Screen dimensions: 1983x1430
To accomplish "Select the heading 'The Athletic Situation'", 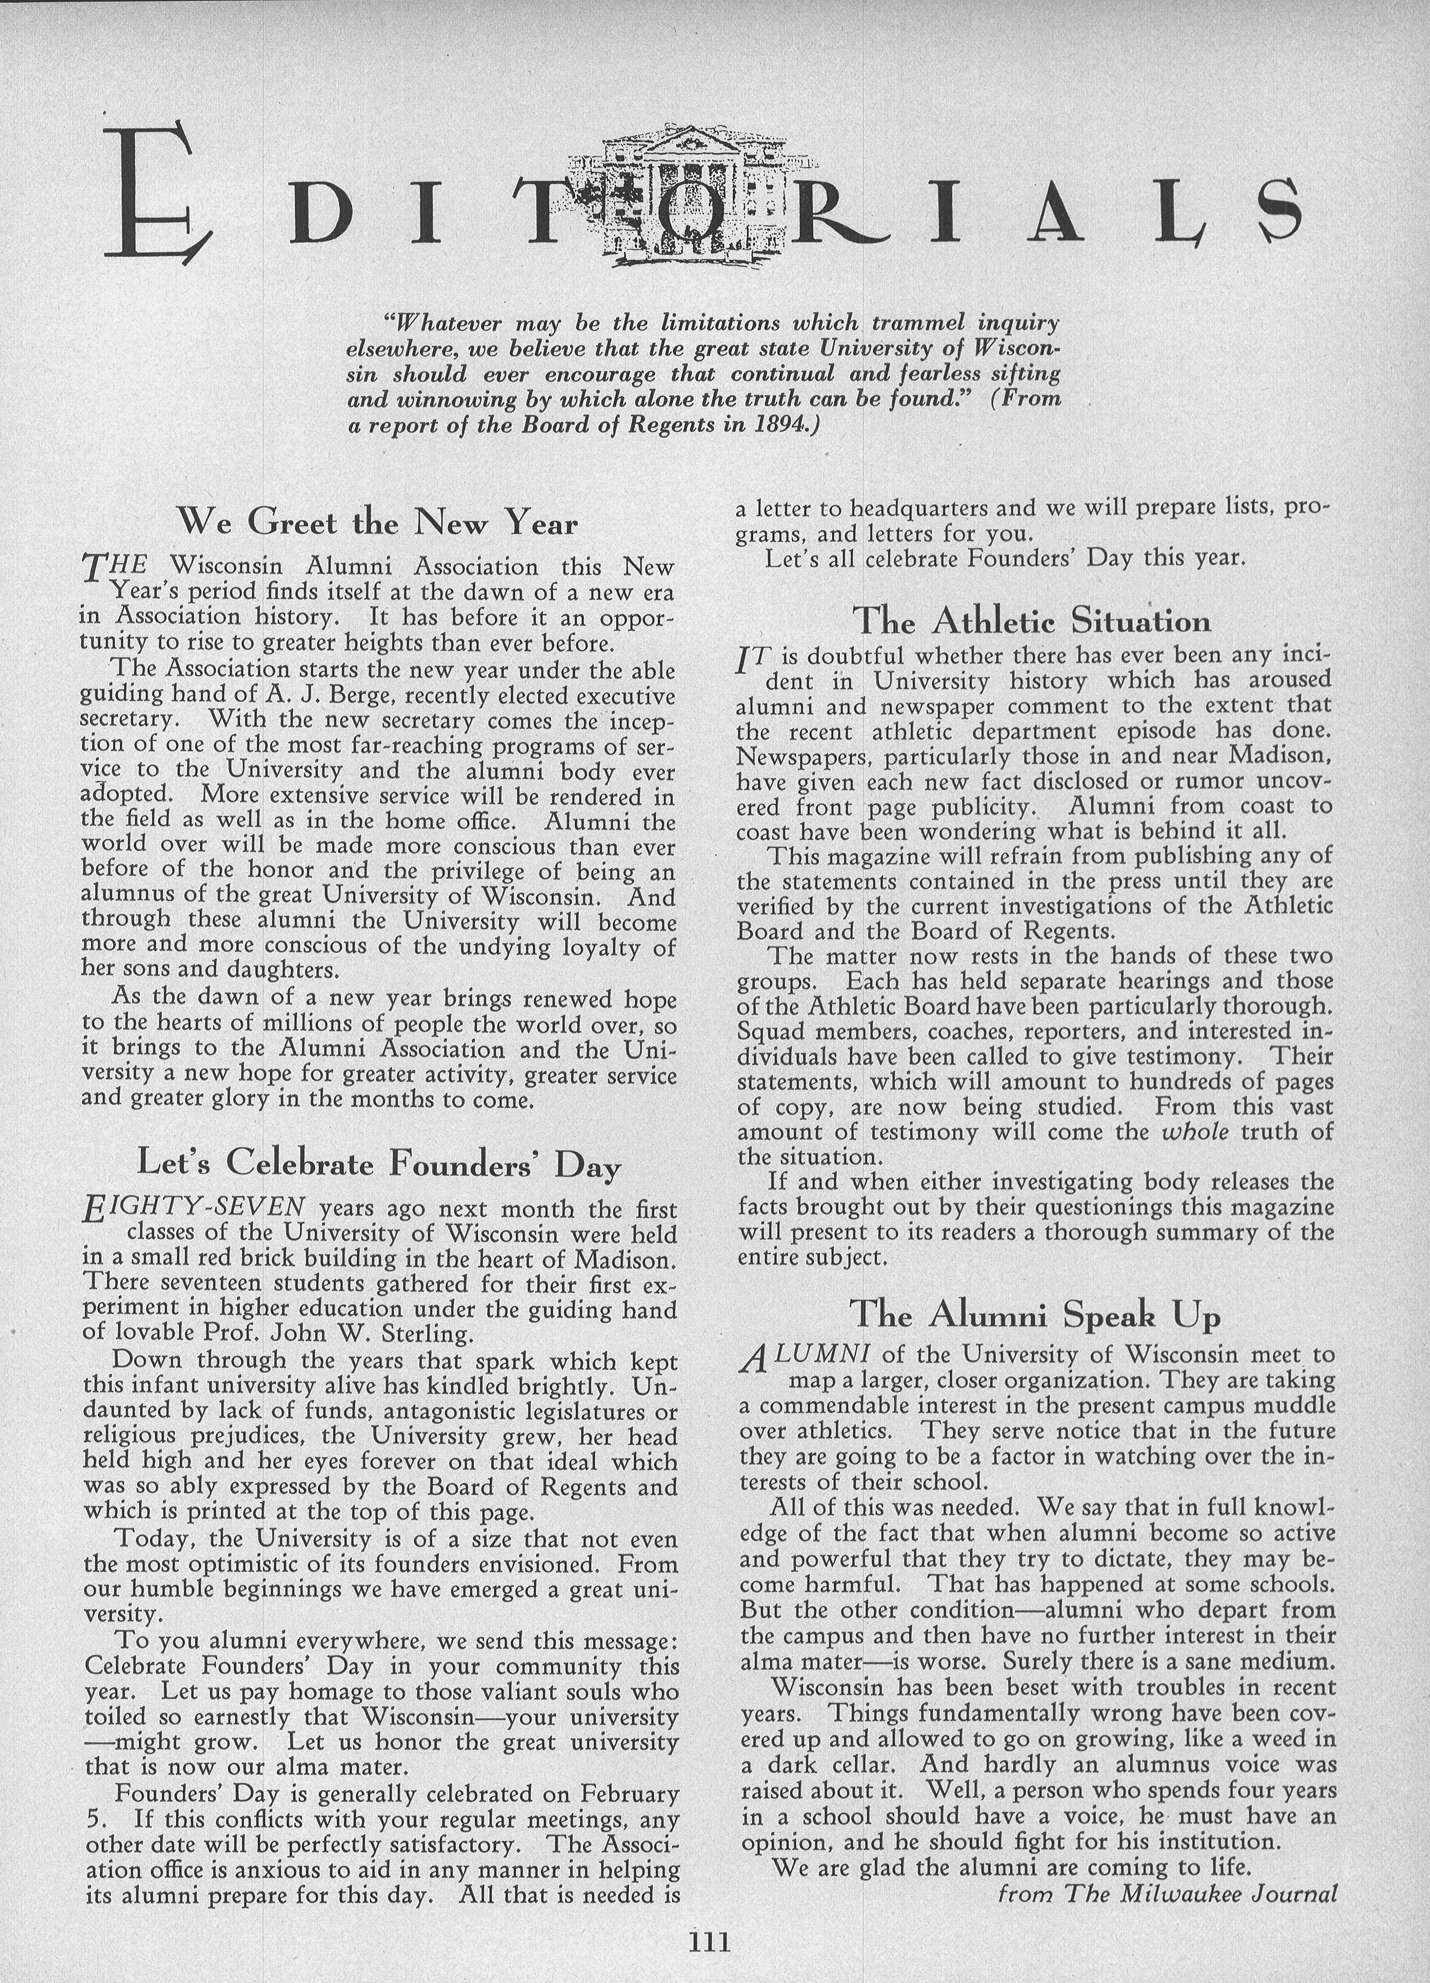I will [1031, 621].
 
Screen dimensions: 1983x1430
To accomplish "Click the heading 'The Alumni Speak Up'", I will [1035, 1314].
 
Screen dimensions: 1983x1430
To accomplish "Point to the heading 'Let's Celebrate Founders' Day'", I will [379, 1163].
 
